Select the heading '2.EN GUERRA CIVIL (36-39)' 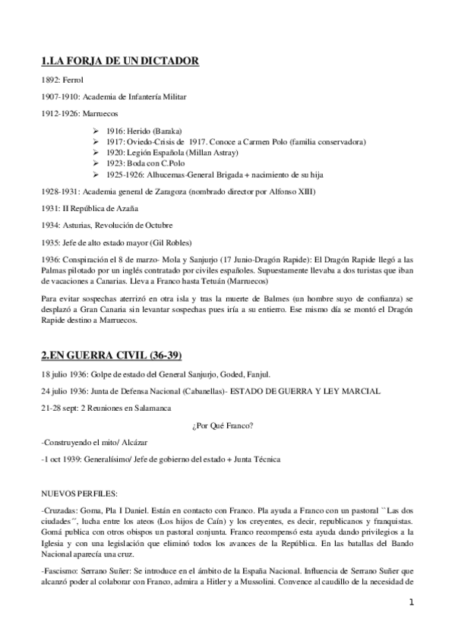pos(111,355)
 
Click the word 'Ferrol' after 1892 pos(73,80)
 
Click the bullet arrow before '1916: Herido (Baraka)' pos(94,131)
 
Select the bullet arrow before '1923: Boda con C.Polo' pos(94,163)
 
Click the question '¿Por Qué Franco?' pos(225,425)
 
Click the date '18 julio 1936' pos(65,374)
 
